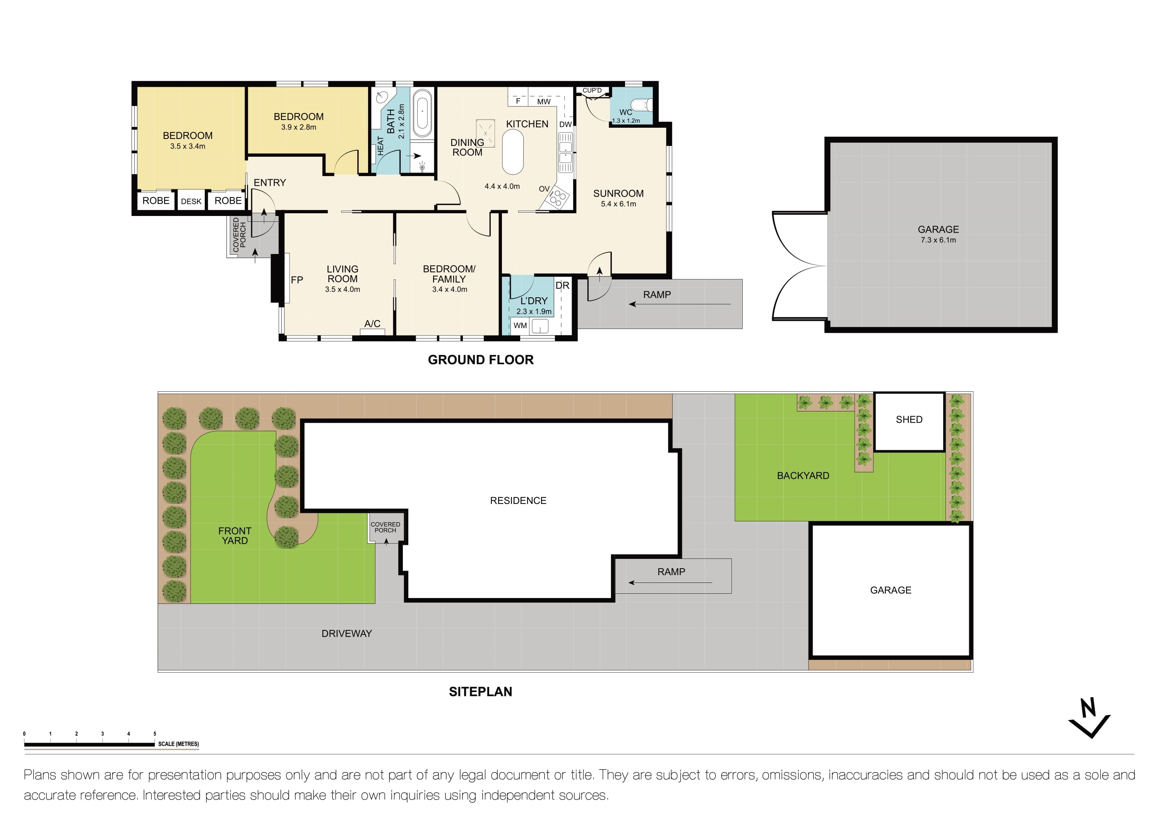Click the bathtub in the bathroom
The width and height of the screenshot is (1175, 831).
click(422, 113)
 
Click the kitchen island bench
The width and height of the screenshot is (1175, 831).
click(513, 152)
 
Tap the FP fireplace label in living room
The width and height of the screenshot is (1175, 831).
click(297, 280)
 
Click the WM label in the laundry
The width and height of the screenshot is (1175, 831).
click(520, 326)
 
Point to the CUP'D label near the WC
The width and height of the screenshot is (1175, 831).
click(592, 91)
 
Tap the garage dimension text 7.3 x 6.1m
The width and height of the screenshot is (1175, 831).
click(938, 240)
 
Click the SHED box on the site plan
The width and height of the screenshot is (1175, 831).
click(909, 421)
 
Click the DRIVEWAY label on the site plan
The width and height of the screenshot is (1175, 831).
click(346, 634)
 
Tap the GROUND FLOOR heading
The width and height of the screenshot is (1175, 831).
click(481, 360)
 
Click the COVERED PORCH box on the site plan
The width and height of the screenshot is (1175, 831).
click(385, 528)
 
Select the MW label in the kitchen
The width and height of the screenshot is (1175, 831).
click(543, 102)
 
